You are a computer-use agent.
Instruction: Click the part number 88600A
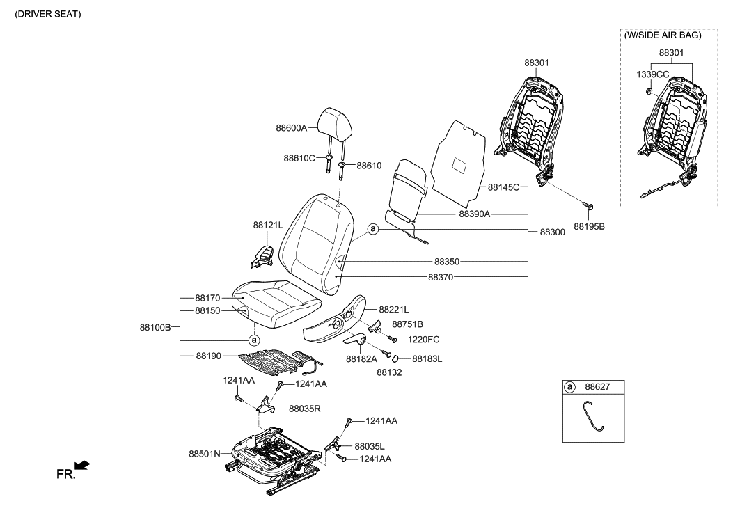pyautogui.click(x=291, y=128)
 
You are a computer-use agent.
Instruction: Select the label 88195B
pyautogui.click(x=589, y=226)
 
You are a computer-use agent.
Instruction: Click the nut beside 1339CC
pyautogui.click(x=649, y=89)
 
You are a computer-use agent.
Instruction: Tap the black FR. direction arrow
pyautogui.click(x=82, y=464)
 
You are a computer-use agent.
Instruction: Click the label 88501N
pyautogui.click(x=205, y=453)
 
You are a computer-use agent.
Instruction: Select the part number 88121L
pyautogui.click(x=268, y=225)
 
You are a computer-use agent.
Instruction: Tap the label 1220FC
pyautogui.click(x=423, y=339)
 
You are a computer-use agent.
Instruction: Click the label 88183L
pyautogui.click(x=427, y=359)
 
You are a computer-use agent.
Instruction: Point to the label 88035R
pyautogui.click(x=305, y=409)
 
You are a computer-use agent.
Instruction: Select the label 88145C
pyautogui.click(x=503, y=187)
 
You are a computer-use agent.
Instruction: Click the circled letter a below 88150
pyautogui.click(x=254, y=340)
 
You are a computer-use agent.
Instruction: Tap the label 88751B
pyautogui.click(x=407, y=324)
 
